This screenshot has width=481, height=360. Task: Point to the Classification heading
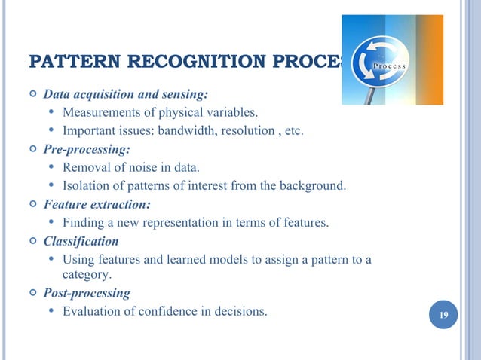coord(81,241)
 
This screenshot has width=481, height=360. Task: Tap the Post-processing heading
coord(87,292)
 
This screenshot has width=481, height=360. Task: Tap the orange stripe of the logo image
coord(429,60)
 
